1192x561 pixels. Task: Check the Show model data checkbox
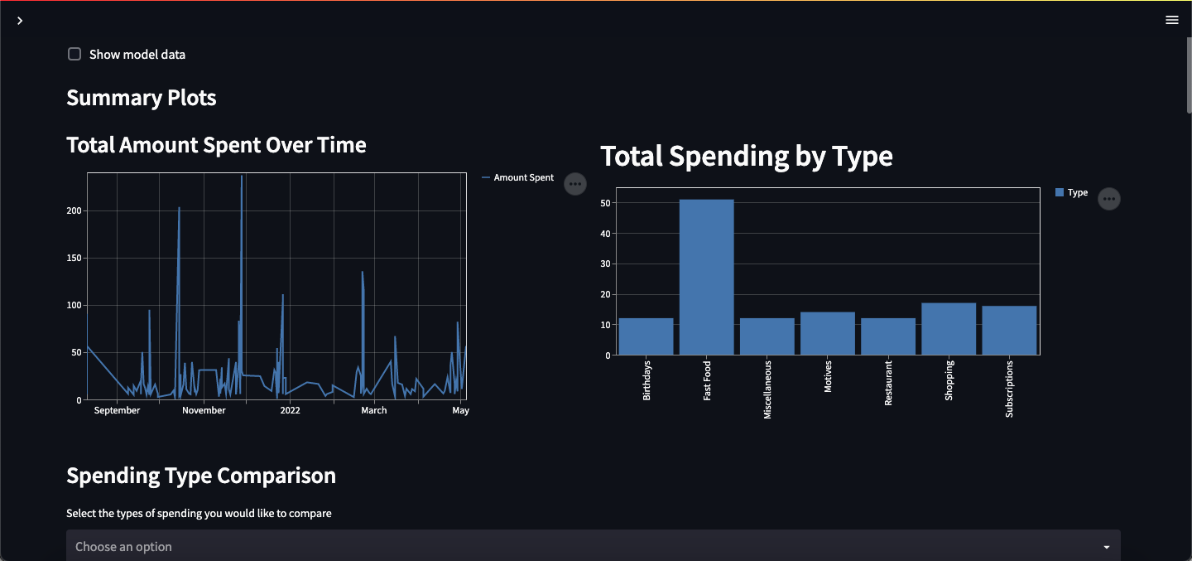click(x=74, y=55)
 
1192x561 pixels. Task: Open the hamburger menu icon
click(x=1172, y=20)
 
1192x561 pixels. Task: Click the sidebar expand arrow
click(x=20, y=20)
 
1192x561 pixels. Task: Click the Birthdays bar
click(x=646, y=336)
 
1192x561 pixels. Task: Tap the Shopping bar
click(x=949, y=329)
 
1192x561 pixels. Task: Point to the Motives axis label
click(x=828, y=376)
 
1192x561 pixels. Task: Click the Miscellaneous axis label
click(x=767, y=389)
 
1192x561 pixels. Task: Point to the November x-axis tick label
click(x=204, y=410)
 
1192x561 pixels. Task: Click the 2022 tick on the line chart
click(x=290, y=410)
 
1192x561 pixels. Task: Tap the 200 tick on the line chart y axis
click(x=74, y=210)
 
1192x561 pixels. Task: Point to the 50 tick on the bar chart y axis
click(x=605, y=203)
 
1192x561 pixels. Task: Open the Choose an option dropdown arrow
click(x=1107, y=547)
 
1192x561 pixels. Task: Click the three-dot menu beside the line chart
click(x=575, y=184)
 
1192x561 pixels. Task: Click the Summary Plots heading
click(x=142, y=98)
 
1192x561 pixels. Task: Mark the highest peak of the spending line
click(x=242, y=176)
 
